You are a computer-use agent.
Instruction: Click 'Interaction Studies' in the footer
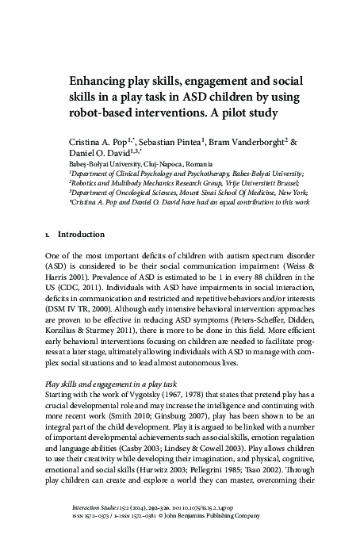(x=92, y=512)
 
